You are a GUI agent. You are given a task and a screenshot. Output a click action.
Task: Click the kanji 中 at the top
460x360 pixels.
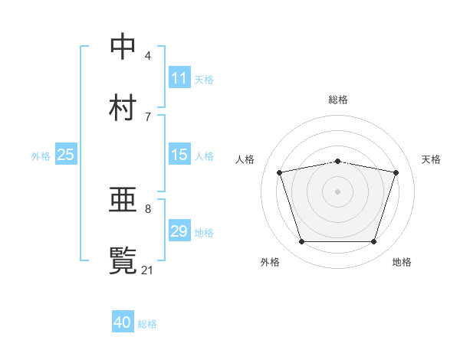[123, 47]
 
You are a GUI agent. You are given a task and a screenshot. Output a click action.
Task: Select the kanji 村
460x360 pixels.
[123, 108]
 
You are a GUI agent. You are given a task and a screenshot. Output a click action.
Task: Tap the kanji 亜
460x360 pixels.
[123, 201]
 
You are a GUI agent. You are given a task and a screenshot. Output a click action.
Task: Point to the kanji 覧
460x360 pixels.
[123, 261]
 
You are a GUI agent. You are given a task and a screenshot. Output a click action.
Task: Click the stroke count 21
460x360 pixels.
[148, 270]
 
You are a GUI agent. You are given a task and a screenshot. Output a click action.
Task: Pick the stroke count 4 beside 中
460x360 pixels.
[148, 55]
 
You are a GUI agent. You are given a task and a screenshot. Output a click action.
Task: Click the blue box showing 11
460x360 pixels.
[179, 78]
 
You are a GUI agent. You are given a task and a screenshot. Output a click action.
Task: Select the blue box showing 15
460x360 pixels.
[179, 155]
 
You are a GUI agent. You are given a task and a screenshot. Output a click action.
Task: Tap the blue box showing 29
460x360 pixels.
[179, 231]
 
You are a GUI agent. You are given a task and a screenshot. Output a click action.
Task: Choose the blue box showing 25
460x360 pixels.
[65, 155]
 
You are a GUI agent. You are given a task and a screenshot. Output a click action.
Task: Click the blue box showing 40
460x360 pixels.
[123, 323]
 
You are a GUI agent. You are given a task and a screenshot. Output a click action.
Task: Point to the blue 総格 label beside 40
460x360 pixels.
[147, 324]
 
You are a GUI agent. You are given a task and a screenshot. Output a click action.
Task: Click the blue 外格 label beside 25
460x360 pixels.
[41, 155]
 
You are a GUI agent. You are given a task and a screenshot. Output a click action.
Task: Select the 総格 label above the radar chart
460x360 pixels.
[338, 100]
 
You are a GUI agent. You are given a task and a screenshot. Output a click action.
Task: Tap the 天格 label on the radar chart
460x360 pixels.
[431, 159]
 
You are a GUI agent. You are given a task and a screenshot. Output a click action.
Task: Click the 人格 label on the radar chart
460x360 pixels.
[245, 159]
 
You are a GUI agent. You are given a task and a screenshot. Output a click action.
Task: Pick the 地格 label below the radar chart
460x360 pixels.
[402, 262]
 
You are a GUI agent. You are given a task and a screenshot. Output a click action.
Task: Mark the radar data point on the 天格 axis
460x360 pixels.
[396, 172]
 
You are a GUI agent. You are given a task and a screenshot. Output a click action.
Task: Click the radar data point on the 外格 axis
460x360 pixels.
[301, 242]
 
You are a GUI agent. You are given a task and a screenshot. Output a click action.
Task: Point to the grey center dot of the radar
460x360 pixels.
[338, 191]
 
